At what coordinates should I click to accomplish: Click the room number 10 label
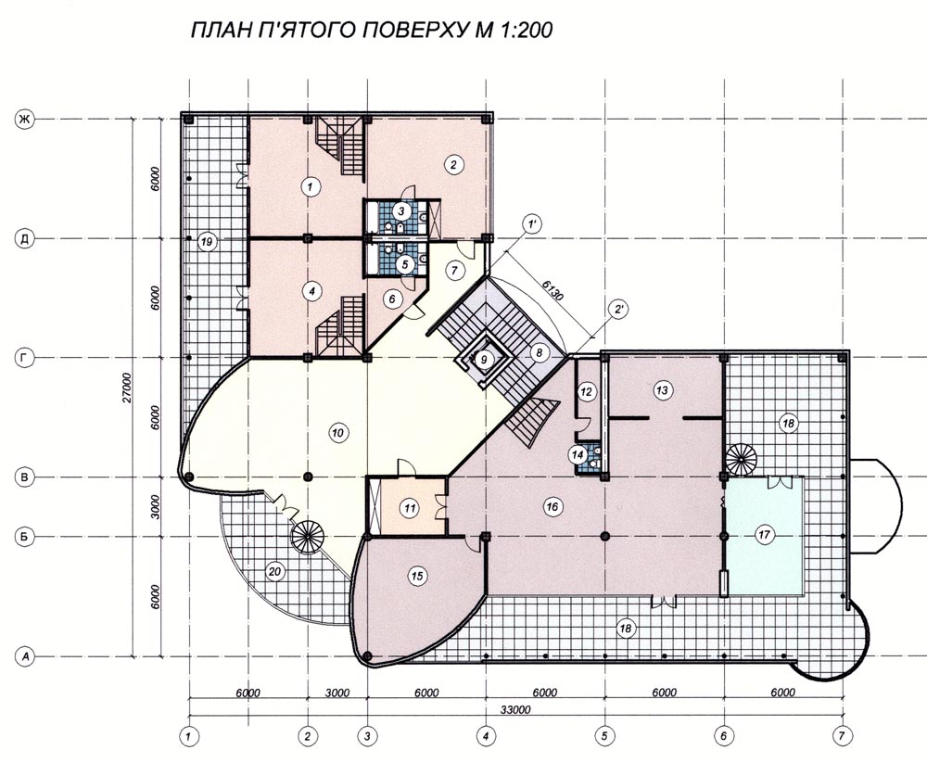click(337, 433)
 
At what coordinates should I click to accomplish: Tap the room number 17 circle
click(765, 535)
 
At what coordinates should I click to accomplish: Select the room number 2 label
click(453, 164)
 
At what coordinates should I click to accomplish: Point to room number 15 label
click(418, 576)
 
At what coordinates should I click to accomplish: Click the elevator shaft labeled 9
click(484, 359)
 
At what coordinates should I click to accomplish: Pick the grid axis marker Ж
click(24, 121)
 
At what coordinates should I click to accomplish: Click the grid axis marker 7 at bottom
click(841, 736)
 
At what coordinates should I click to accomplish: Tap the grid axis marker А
click(24, 656)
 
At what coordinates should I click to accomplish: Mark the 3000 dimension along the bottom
click(337, 693)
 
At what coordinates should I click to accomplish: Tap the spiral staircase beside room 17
click(742, 459)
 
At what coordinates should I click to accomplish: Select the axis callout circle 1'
click(532, 224)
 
